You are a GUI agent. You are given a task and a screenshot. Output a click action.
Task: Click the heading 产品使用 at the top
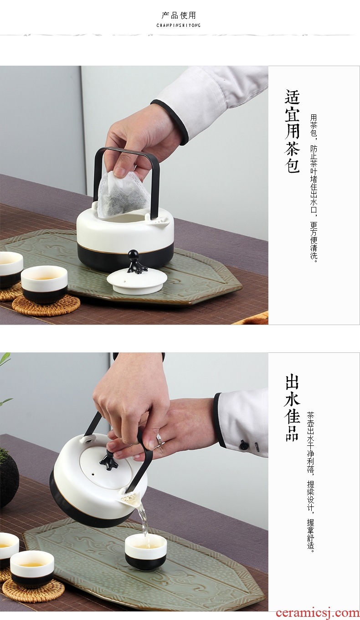(179, 15)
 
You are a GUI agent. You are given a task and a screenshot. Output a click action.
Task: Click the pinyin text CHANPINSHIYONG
(179, 26)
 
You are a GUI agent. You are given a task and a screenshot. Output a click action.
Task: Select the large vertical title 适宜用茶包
(292, 131)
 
